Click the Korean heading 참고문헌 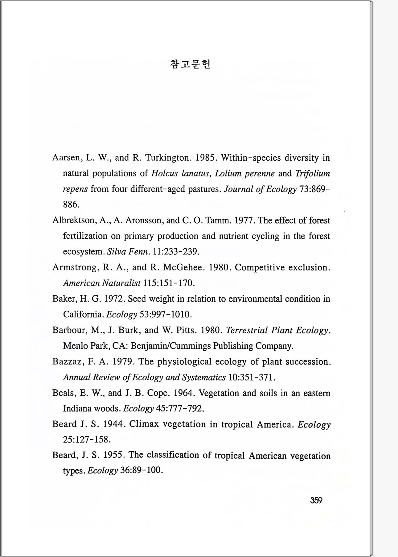(190, 64)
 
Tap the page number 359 (316, 500)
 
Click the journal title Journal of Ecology (260, 189)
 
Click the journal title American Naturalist (102, 283)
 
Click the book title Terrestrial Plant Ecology (278, 330)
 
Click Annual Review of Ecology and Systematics (144, 377)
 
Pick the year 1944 (114, 424)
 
